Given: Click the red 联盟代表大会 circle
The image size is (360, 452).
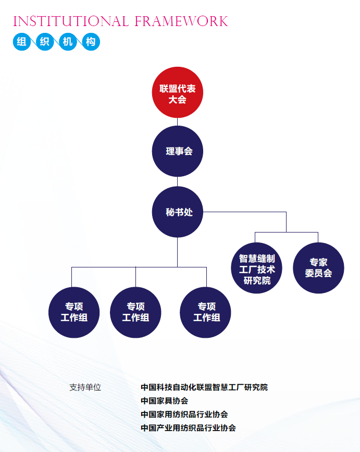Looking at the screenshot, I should tap(178, 93).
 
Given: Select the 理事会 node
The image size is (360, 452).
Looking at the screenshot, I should tap(178, 151).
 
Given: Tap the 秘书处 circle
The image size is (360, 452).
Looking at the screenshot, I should tap(178, 212).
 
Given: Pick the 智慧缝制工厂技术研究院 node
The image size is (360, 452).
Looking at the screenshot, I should tap(257, 267).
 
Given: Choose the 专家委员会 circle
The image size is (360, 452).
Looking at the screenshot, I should tap(318, 267).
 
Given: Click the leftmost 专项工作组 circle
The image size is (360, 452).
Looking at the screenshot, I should tap(74, 312).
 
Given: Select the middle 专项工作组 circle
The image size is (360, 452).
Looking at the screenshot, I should tap(135, 312).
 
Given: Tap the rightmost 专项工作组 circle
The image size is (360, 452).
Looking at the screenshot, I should tap(206, 312).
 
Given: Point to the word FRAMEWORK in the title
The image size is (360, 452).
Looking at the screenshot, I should tap(181, 21).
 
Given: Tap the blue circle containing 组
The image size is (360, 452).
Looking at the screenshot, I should tap(21, 42).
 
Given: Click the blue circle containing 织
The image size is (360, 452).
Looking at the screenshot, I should tap(45, 42).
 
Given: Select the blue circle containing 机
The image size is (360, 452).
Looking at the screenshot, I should tap(68, 42).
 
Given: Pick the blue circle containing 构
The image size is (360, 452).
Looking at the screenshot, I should tap(91, 42).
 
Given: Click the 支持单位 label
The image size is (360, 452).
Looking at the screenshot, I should tap(85, 387).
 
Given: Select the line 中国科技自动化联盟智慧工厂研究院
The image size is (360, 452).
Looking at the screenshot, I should tap(204, 387).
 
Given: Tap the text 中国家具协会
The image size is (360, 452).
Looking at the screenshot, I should tap(164, 401).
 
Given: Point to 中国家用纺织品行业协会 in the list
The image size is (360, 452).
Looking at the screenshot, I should tap(184, 414).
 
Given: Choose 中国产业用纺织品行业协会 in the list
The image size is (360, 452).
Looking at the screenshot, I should tap(188, 428).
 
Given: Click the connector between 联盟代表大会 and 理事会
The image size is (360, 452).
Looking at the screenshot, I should tap(178, 122).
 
